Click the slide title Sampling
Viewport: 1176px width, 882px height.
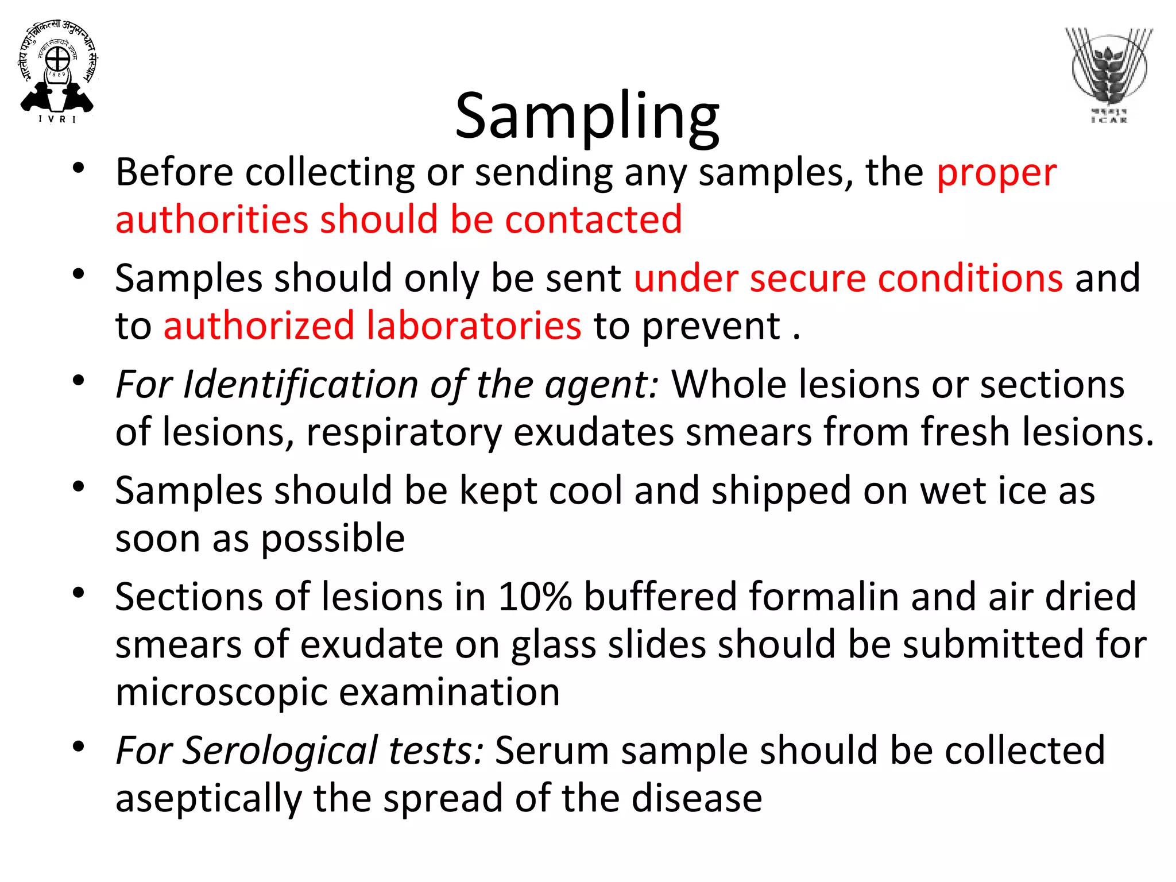point(587,117)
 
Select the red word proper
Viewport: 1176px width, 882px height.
point(996,173)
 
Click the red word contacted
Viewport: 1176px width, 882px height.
point(593,220)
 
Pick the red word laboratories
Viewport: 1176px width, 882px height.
point(474,326)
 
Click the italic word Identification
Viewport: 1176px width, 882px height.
point(300,384)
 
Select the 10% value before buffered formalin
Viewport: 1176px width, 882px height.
point(535,597)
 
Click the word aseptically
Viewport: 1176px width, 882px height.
point(208,799)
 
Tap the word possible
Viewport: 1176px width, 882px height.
point(332,539)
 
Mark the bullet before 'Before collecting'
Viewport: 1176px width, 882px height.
point(79,168)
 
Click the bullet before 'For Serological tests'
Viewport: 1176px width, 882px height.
point(79,746)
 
